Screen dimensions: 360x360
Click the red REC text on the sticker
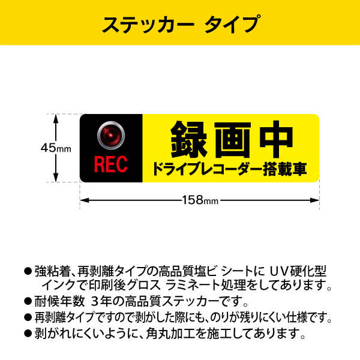[111, 164]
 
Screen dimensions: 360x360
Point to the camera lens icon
[111, 135]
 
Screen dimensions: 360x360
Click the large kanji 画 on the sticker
[233, 139]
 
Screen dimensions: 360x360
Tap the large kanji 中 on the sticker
[277, 139]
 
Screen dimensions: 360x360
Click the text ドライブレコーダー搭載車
[230, 169]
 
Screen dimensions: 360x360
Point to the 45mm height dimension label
[56, 148]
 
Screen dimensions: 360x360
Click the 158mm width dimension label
[200, 200]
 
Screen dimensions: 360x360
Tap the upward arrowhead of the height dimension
[56, 119]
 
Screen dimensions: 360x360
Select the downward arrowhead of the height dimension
[56, 177]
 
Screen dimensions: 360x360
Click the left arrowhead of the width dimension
[85, 200]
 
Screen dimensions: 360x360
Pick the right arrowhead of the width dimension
[314, 200]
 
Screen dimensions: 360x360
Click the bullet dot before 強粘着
[28, 271]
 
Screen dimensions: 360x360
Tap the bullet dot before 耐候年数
[28, 301]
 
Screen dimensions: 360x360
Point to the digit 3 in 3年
[95, 301]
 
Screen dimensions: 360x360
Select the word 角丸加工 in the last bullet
[168, 334]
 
